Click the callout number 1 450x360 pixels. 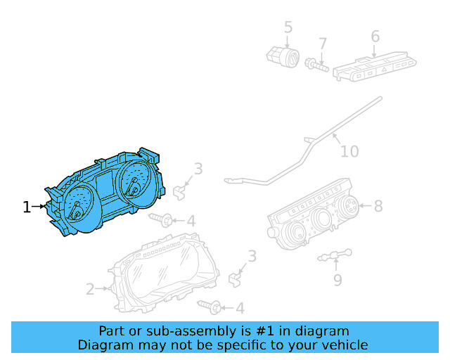[27, 207]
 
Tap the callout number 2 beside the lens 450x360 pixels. [90, 288]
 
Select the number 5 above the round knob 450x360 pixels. [288, 27]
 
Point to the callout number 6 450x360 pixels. [375, 36]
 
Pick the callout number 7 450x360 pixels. [323, 44]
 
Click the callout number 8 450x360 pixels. [378, 206]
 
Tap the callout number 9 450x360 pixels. [337, 280]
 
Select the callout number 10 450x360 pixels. [349, 151]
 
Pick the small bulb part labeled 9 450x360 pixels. [335, 256]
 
